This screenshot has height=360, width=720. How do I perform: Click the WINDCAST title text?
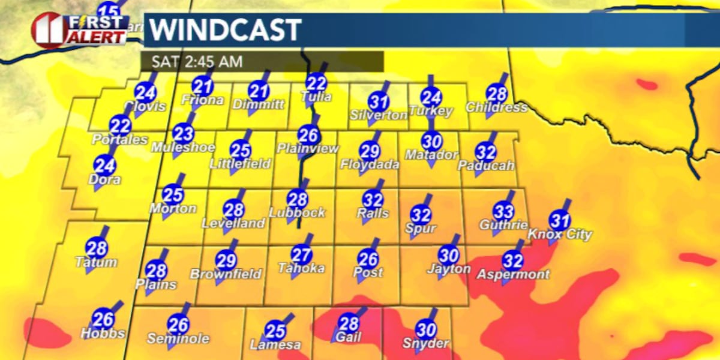tap(225, 30)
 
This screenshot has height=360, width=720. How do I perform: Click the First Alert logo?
tap(80, 30)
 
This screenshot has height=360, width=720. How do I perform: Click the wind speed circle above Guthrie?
tap(503, 211)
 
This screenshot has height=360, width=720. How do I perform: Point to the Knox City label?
tap(560, 235)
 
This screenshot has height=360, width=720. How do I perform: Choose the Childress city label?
tap(496, 108)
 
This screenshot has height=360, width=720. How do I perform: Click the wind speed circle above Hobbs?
tap(103, 319)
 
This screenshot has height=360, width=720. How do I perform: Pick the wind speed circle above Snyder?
tap(425, 329)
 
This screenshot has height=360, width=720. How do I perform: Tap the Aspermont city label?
tap(513, 274)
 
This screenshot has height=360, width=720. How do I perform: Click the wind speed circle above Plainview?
tap(308, 134)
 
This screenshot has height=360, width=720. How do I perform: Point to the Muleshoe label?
tap(183, 147)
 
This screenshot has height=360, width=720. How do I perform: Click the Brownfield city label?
tap(226, 274)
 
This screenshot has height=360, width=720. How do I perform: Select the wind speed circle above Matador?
tap(431, 141)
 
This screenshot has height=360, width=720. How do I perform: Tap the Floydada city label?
tap(370, 164)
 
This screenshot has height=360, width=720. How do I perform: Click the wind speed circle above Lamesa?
tap(275, 331)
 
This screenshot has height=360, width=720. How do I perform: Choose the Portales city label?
tap(120, 139)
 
